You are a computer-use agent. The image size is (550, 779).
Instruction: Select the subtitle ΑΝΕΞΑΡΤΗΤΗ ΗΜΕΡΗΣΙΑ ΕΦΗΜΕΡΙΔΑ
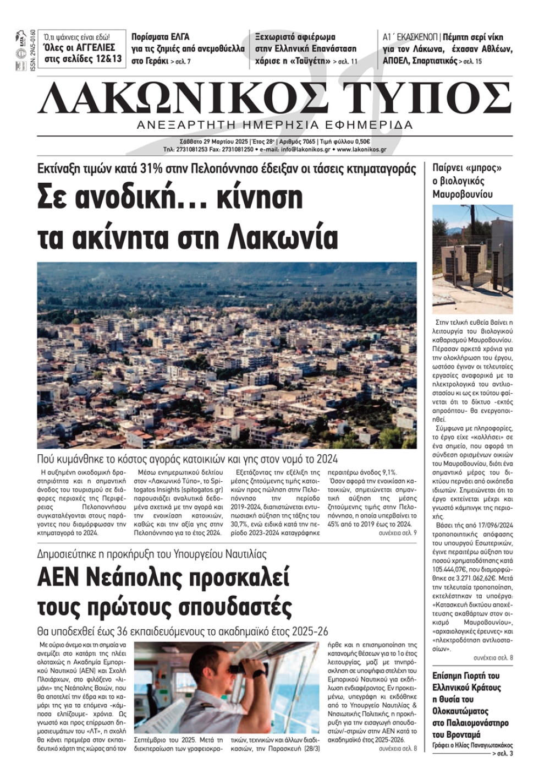(274, 125)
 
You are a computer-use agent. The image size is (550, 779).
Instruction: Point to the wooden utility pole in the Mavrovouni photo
(472, 231)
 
